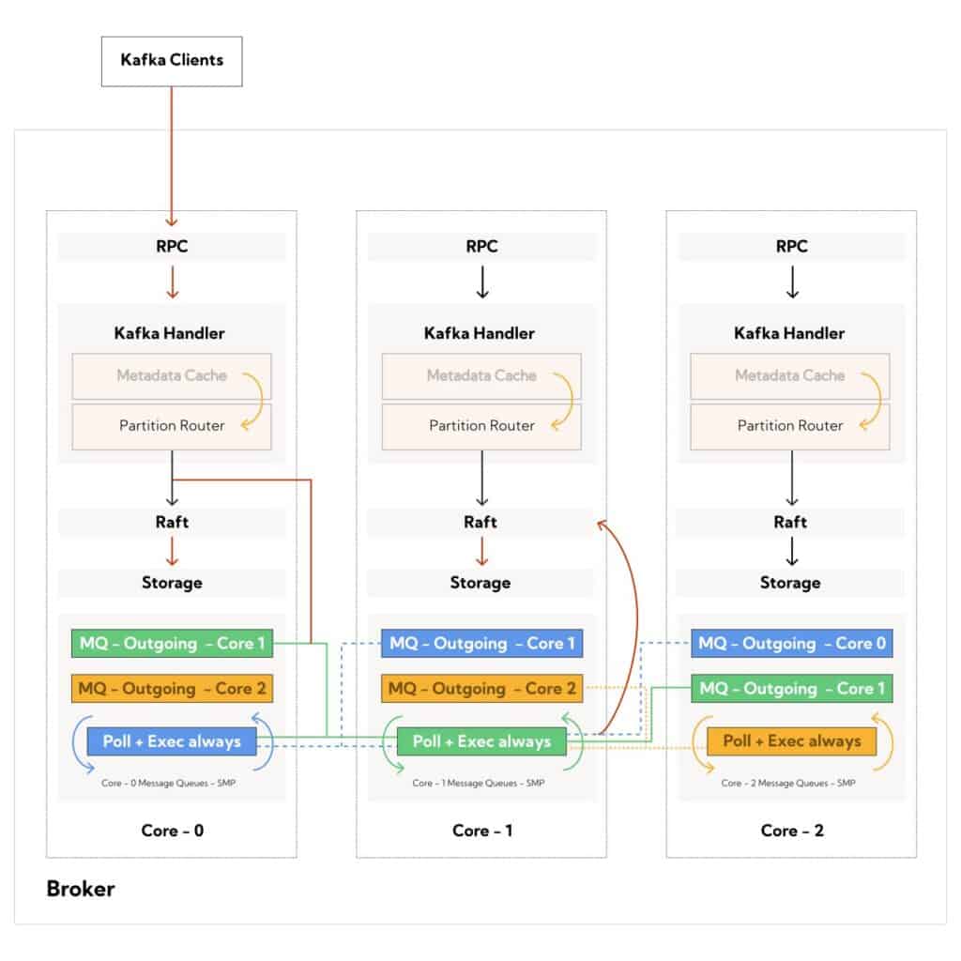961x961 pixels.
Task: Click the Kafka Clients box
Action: (172, 61)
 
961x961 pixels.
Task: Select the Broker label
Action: (81, 888)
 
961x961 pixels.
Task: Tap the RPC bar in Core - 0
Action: (172, 247)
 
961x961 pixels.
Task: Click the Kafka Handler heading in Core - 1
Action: (481, 333)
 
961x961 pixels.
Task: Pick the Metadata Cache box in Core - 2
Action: (790, 376)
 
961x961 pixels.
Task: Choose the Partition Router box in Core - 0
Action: (172, 426)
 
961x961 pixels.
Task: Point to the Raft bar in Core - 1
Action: (481, 523)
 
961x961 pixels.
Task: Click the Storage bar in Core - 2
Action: (790, 583)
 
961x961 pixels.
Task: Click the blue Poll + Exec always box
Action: (172, 741)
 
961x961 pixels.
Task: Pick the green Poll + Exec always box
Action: (481, 741)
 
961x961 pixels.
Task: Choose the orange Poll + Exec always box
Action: (791, 741)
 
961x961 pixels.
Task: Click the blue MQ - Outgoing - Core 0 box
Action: (791, 644)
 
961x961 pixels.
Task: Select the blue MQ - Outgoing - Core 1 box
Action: (481, 644)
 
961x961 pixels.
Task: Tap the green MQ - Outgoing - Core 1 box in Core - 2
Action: (791, 689)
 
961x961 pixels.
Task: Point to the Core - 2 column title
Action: (791, 831)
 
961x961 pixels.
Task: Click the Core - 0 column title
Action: (172, 831)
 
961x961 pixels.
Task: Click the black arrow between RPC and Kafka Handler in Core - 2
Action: (791, 282)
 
